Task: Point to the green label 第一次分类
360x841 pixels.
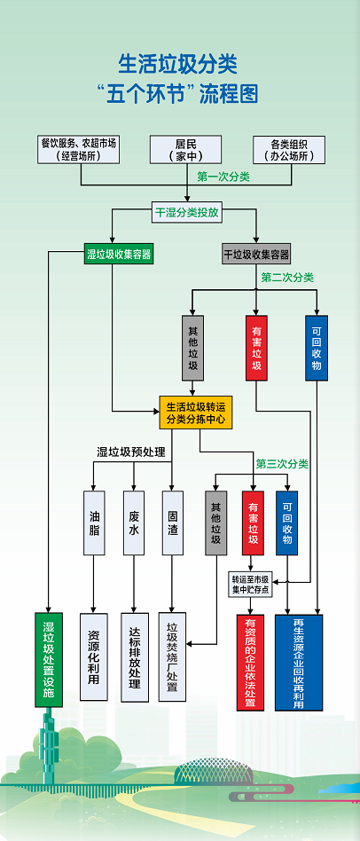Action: pyautogui.click(x=223, y=177)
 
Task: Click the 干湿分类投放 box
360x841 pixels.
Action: pyautogui.click(x=187, y=213)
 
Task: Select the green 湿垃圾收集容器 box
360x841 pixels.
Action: pyautogui.click(x=119, y=255)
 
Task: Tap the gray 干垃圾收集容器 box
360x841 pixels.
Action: pyautogui.click(x=256, y=255)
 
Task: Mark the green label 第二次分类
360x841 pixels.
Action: pyautogui.click(x=287, y=278)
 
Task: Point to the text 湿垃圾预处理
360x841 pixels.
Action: pyautogui.click(x=126, y=452)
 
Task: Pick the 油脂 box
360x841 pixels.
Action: pyautogui.click(x=95, y=523)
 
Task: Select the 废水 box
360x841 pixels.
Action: pyautogui.click(x=134, y=523)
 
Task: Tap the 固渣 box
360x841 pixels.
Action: pyautogui.click(x=173, y=523)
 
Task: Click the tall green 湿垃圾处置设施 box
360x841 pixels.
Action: pyautogui.click(x=49, y=658)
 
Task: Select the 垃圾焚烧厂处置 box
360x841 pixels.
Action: pyautogui.click(x=173, y=656)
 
